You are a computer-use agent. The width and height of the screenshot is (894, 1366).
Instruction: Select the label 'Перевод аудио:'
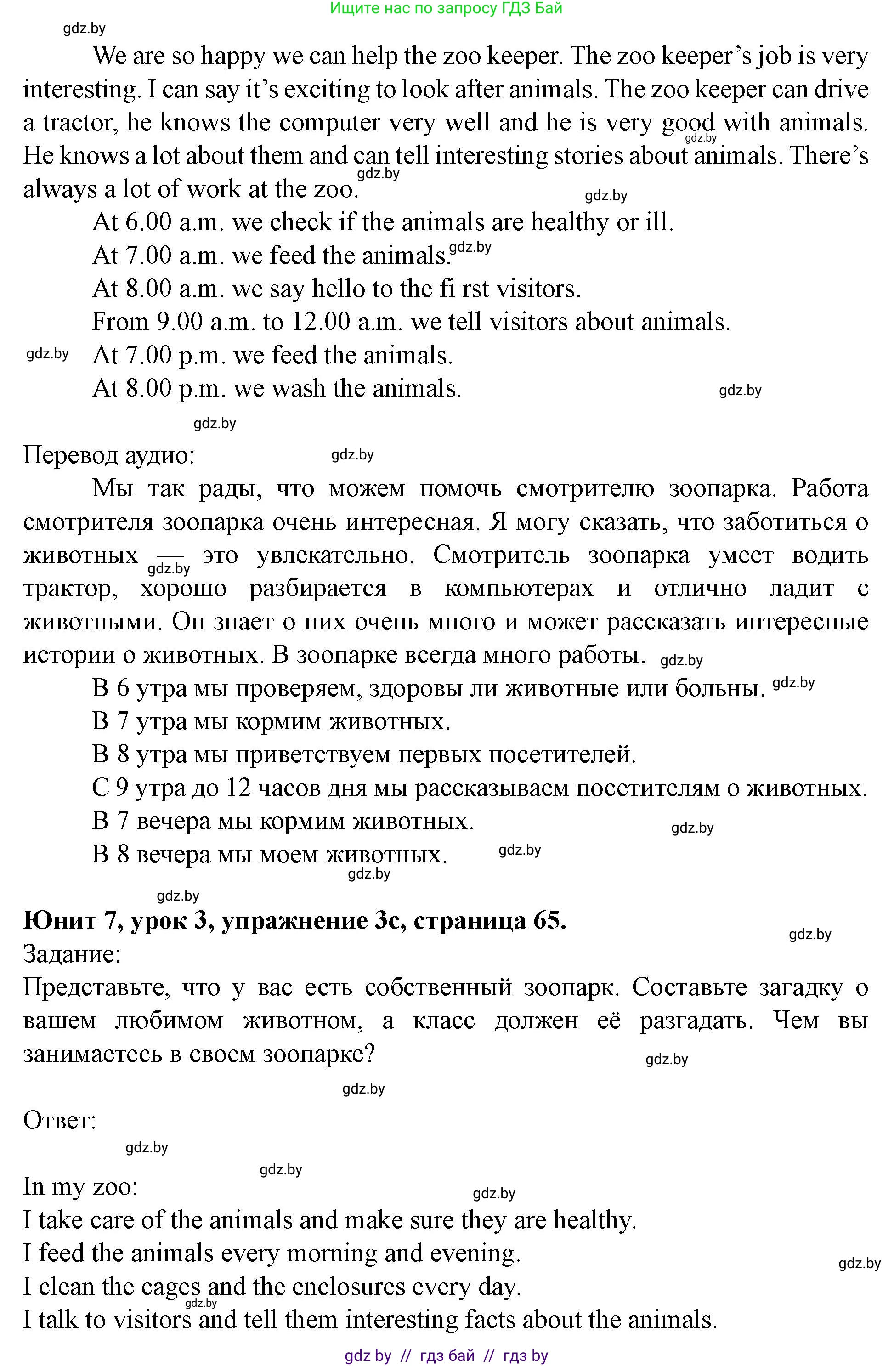tap(108, 456)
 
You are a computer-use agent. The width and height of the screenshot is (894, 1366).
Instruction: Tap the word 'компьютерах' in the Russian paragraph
tap(519, 589)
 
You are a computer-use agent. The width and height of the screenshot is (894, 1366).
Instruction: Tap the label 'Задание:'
tap(72, 954)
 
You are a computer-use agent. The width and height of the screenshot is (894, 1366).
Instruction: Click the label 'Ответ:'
tap(60, 1121)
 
